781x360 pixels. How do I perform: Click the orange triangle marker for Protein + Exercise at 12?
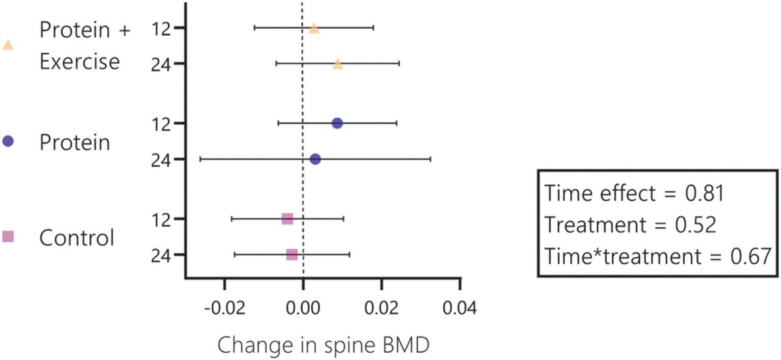click(314, 28)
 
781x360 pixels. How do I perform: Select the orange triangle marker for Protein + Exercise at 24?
click(337, 64)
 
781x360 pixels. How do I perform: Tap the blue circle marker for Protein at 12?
click(337, 123)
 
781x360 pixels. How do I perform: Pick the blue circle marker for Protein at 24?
click(315, 159)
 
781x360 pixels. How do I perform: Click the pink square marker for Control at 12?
click(287, 219)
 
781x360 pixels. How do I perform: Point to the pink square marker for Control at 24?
click(292, 254)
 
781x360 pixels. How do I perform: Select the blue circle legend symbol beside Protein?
click(8, 142)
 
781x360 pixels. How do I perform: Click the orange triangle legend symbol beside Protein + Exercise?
click(8, 45)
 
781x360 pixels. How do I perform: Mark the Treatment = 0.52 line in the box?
click(630, 225)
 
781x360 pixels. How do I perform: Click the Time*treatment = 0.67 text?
click(657, 256)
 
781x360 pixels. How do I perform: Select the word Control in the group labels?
click(77, 238)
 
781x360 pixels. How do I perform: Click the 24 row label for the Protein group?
click(160, 159)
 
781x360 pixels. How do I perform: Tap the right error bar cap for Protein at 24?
click(430, 159)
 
